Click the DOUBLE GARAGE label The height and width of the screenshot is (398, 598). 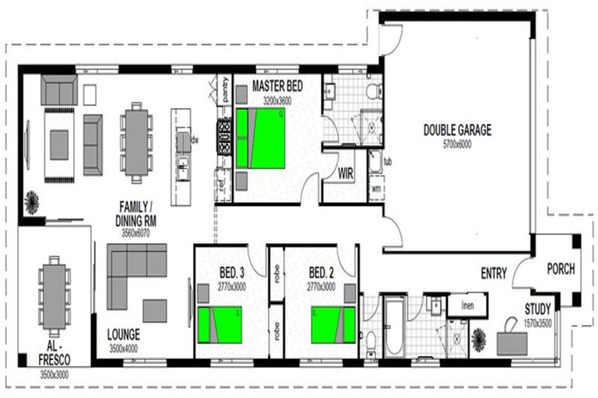click(456, 130)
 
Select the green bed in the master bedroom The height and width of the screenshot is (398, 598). click(261, 138)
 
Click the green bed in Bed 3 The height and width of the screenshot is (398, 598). click(218, 324)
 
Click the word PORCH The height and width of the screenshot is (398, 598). click(561, 269)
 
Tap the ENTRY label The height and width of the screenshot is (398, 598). click(494, 274)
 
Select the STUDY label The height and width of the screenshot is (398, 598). click(537, 308)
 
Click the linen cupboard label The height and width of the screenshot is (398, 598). click(468, 305)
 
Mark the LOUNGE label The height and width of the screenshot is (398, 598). click(124, 336)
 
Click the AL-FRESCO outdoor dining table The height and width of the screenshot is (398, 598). click(54, 292)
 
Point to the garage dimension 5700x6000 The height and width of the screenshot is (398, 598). click(456, 144)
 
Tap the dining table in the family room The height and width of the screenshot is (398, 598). click(136, 142)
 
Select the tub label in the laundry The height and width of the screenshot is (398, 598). click(388, 162)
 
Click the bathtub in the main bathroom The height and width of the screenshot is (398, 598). click(392, 327)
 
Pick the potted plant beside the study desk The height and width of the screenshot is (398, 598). click(479, 339)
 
